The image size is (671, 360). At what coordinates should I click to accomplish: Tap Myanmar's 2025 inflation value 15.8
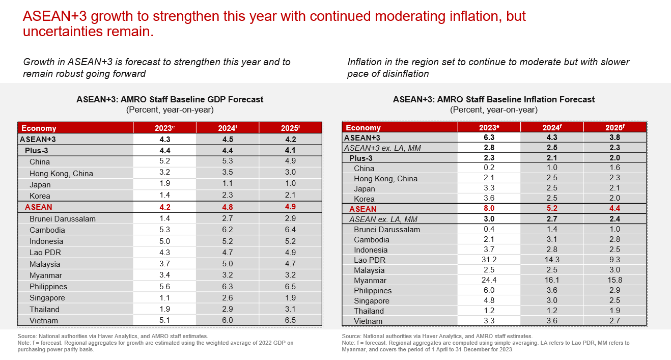tap(614, 281)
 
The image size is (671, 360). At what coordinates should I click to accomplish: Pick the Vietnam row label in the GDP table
tap(44, 321)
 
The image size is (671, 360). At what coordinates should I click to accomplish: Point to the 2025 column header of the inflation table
tap(614, 128)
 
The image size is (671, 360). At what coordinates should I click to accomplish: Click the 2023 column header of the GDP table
tap(164, 128)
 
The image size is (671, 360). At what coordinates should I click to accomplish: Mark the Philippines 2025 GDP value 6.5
tap(290, 287)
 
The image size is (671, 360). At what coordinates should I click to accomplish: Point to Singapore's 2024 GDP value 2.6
tap(227, 298)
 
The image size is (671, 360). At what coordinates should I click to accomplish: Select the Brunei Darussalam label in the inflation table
tap(387, 230)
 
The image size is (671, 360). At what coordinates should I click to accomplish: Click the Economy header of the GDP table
tap(39, 128)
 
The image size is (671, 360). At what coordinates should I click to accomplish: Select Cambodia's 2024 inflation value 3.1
tap(551, 240)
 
